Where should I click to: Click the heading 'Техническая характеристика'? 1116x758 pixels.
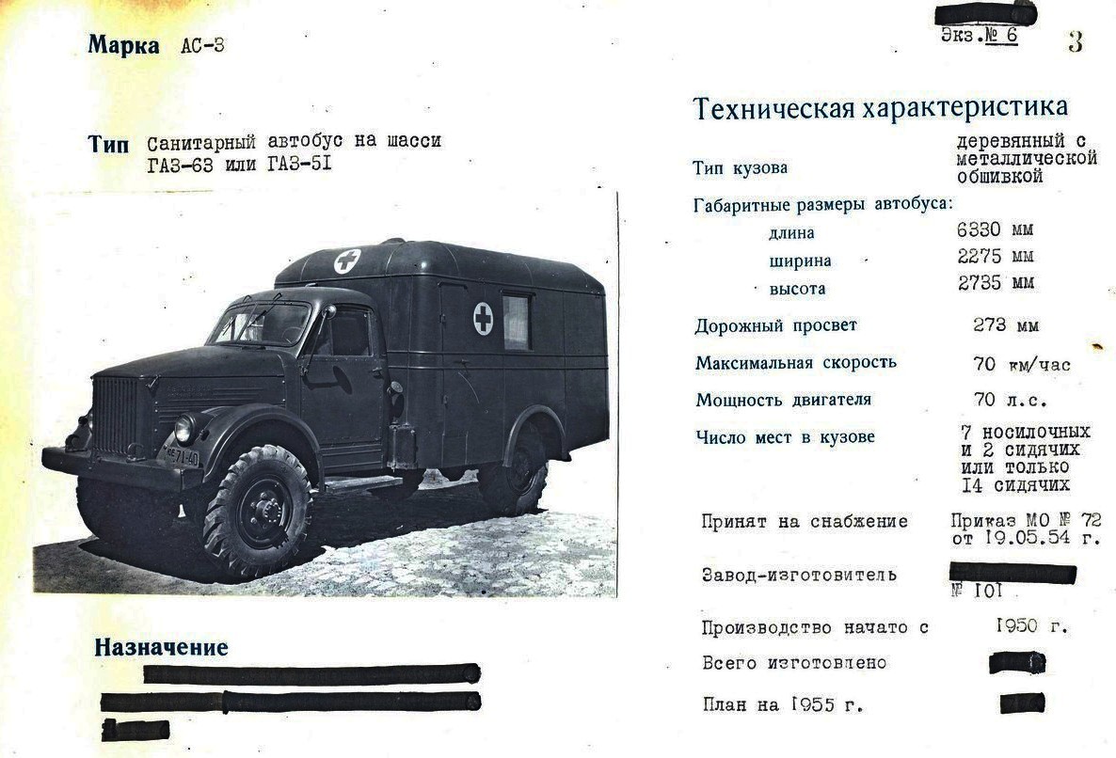[x=880, y=107]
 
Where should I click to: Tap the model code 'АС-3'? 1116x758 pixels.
[x=202, y=46]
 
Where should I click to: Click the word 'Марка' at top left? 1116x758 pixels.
[x=123, y=45]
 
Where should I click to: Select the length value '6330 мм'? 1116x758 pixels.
[x=996, y=229]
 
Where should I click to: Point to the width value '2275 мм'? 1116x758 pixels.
[x=996, y=257]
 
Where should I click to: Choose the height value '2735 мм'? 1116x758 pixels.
[x=996, y=283]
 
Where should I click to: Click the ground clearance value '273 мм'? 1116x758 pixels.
[x=1006, y=325]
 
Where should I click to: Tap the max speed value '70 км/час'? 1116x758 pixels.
[x=1022, y=364]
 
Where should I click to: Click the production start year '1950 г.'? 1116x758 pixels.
[x=1031, y=625]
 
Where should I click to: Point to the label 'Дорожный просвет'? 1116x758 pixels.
[x=775, y=326]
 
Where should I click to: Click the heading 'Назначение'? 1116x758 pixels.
[x=161, y=648]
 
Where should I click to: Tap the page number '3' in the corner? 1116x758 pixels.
[x=1075, y=41]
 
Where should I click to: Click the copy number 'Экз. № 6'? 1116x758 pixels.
[x=979, y=36]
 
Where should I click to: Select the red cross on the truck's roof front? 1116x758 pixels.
[x=346, y=261]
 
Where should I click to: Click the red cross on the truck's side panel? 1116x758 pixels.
[x=483, y=319]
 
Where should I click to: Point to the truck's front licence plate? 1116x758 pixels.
[x=182, y=457]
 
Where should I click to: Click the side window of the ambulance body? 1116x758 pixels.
[x=517, y=322]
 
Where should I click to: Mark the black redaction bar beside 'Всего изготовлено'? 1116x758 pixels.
[x=1017, y=662]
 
